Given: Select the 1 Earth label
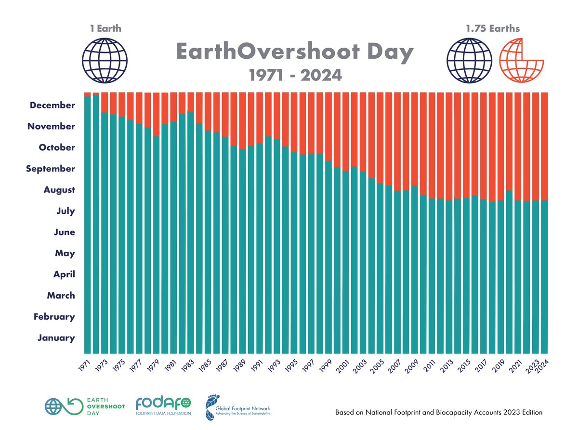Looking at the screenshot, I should [105, 28].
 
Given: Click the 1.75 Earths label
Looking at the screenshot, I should [492, 28].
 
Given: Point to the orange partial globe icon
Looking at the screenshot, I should [521, 60].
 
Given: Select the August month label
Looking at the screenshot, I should [59, 190].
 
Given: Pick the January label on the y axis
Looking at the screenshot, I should [56, 338].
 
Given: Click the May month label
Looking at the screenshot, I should [65, 253].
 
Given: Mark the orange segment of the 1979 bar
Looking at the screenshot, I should [156, 114].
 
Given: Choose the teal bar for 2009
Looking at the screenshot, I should [414, 270].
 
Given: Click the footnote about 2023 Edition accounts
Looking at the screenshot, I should [439, 413].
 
